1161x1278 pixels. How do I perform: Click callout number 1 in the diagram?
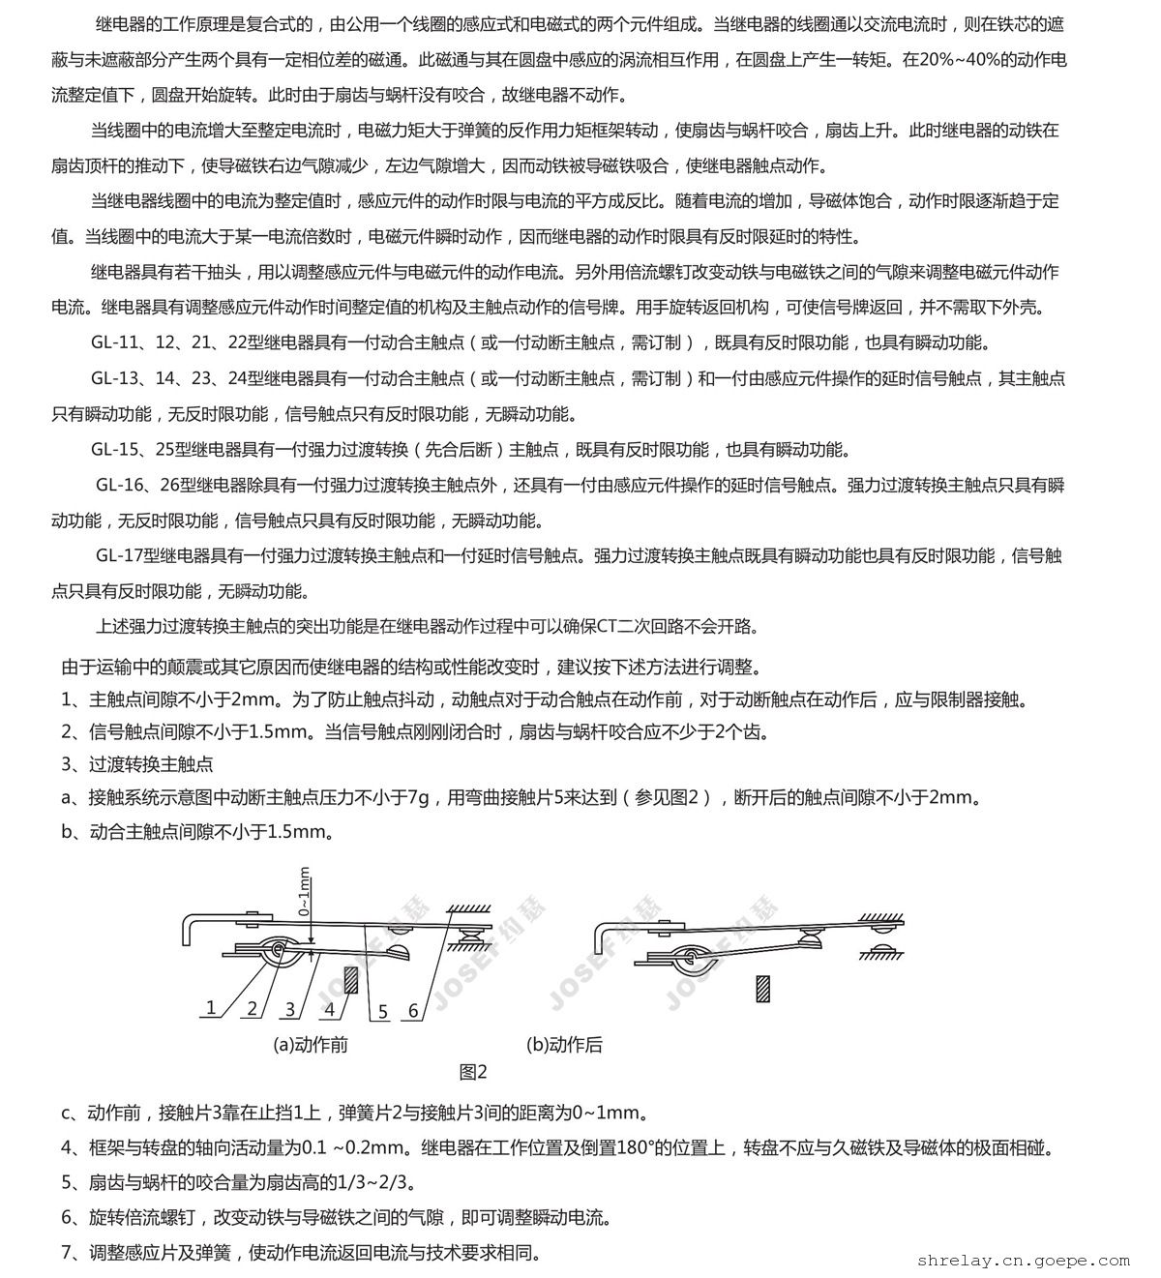coord(211,1007)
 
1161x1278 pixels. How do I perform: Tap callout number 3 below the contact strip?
coord(290,1009)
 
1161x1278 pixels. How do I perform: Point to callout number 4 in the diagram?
coord(331,1009)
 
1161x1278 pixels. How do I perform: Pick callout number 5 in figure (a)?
coord(382,1011)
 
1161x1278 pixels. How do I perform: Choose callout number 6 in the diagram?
coord(413,1011)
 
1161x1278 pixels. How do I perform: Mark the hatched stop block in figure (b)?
coord(763,988)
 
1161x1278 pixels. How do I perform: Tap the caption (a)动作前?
coord(311,1045)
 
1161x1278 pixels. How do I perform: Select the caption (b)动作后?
coord(565,1045)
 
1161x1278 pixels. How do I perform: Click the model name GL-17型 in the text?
coord(129,555)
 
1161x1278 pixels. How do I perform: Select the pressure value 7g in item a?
coord(418,798)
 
